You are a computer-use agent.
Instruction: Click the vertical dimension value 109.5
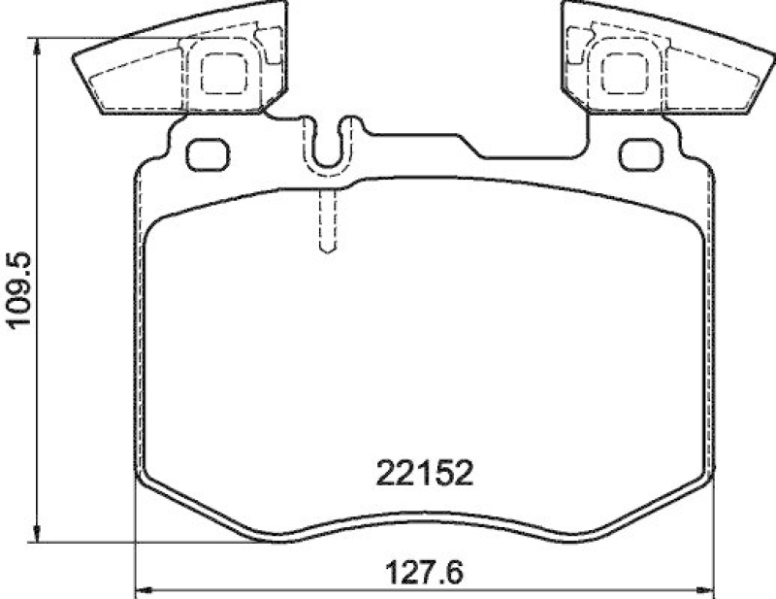point(21,290)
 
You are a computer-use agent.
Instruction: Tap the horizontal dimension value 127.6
point(423,572)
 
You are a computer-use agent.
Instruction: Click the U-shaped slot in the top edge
point(330,146)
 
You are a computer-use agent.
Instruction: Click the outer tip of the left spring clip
point(78,60)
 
